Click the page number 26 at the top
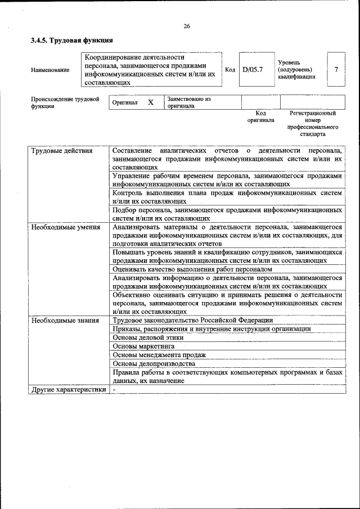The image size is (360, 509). (x=186, y=26)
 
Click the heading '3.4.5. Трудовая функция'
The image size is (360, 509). (x=72, y=40)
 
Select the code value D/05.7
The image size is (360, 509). (x=253, y=70)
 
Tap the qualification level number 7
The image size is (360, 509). (x=336, y=70)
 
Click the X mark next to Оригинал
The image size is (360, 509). (x=150, y=102)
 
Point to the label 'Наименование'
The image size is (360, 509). (x=51, y=70)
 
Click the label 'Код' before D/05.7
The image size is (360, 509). (x=229, y=70)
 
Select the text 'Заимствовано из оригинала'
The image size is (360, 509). (x=188, y=102)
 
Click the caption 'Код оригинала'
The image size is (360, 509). (x=260, y=116)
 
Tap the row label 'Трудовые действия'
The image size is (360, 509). (x=62, y=151)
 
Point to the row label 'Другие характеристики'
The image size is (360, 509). (x=68, y=389)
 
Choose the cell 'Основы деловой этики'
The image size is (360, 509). (x=147, y=337)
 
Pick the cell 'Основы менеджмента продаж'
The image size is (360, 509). (x=159, y=355)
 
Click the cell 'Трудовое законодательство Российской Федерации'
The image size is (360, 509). (x=192, y=320)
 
